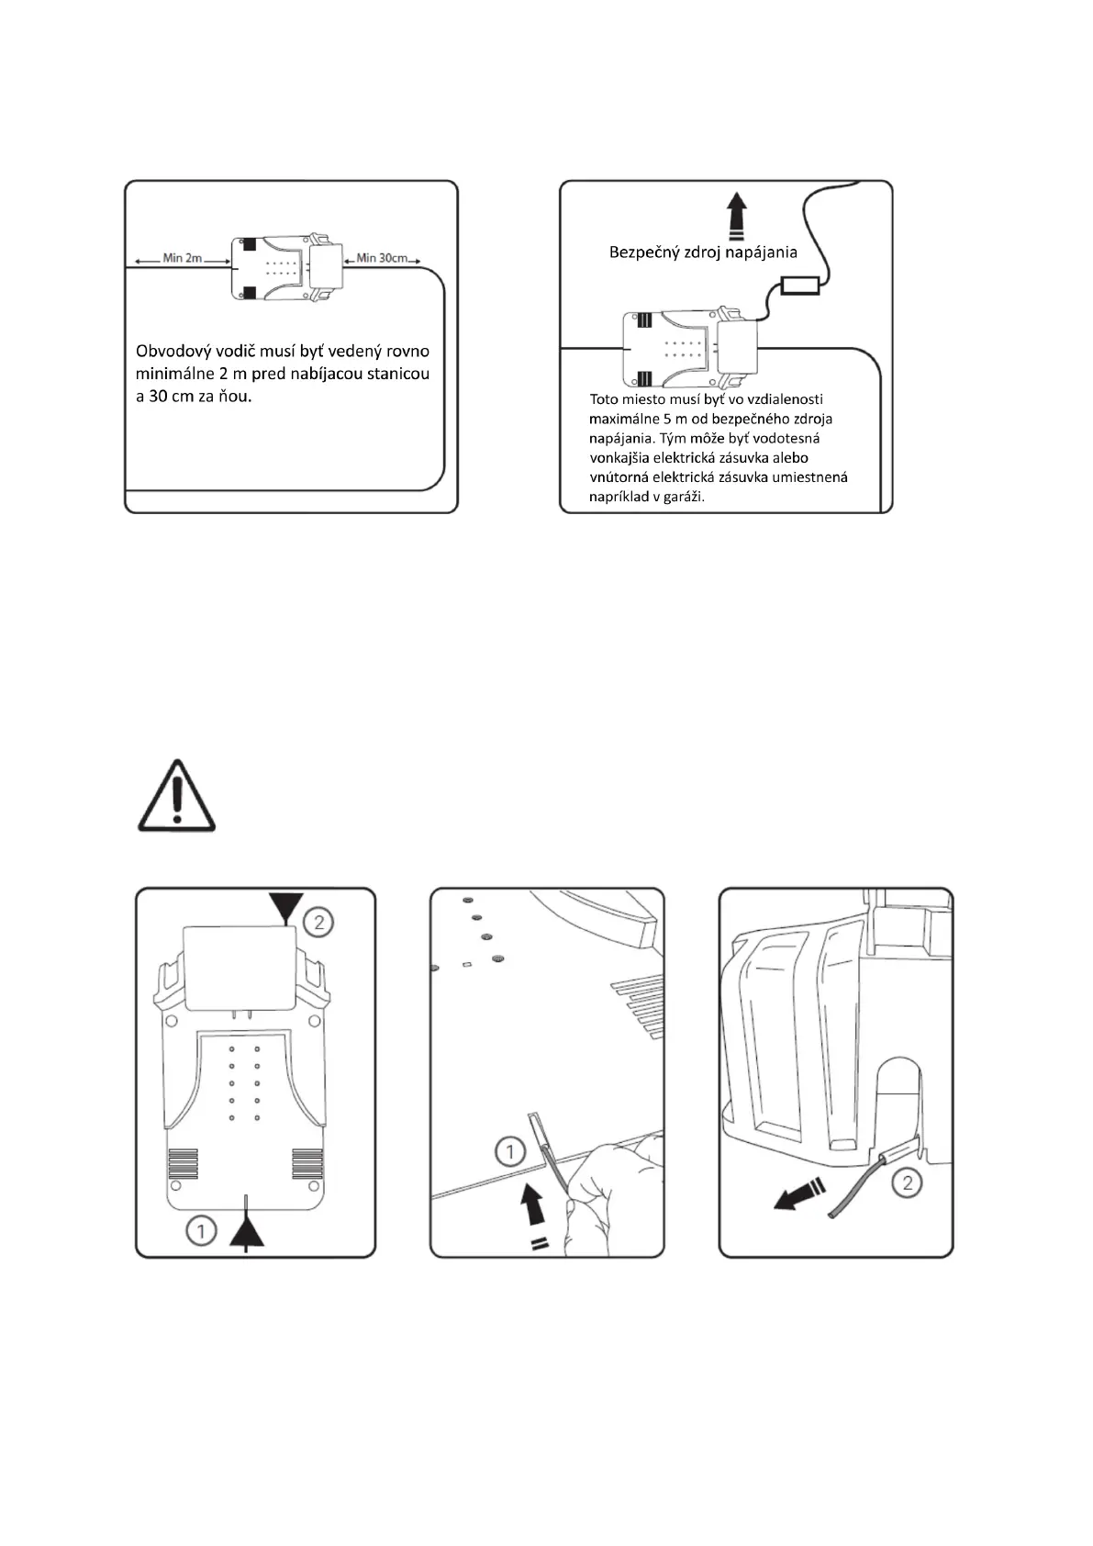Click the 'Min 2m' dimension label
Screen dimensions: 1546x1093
pyautogui.click(x=182, y=258)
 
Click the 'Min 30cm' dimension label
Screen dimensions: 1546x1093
pyautogui.click(x=382, y=258)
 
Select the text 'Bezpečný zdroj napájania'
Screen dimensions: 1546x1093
pyautogui.click(x=703, y=252)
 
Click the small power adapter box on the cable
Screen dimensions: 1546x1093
pyautogui.click(x=799, y=286)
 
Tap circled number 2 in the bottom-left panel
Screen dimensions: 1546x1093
pyautogui.click(x=318, y=921)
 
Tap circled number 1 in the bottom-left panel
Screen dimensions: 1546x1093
pyautogui.click(x=201, y=1229)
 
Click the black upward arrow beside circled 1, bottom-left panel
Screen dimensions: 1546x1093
pyautogui.click(x=246, y=1230)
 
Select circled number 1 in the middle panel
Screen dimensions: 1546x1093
pyautogui.click(x=509, y=1151)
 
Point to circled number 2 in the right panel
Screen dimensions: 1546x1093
pyautogui.click(x=908, y=1182)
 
